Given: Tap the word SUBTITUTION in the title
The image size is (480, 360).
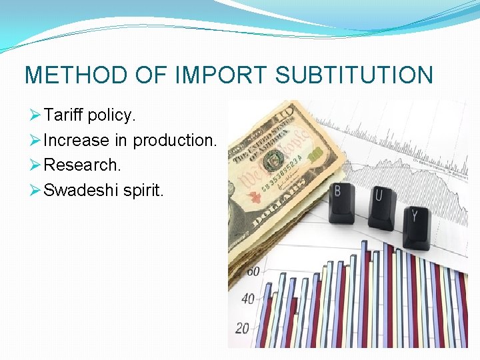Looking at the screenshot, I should coord(354,75).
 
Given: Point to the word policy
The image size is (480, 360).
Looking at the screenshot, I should coord(112,115).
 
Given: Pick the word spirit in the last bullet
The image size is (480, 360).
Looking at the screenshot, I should coord(143,191).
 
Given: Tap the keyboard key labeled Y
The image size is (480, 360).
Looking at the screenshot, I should coord(417,223).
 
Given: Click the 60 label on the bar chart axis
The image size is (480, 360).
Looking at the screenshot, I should coord(253,271).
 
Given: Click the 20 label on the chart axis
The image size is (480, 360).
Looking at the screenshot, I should coord(242,328).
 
